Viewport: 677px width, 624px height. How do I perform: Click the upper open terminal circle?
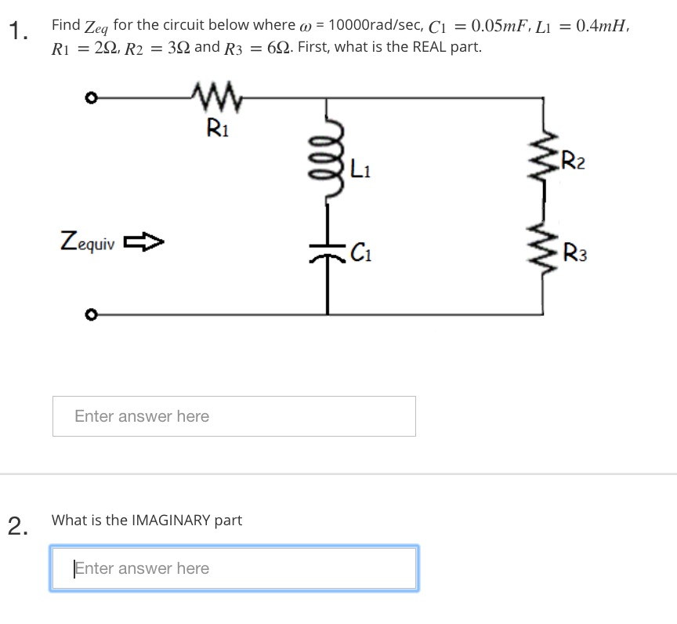pyautogui.click(x=91, y=99)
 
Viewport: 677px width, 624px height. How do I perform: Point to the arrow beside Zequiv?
pyautogui.click(x=146, y=241)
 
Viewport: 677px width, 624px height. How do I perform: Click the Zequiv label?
pyautogui.click(x=87, y=241)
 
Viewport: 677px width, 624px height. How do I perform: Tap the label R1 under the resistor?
pyautogui.click(x=217, y=126)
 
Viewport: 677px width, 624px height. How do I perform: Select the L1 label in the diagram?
pyautogui.click(x=362, y=167)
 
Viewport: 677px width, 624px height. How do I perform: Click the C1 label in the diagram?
pyautogui.click(x=360, y=252)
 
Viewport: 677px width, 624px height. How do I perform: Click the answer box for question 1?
pyautogui.click(x=234, y=416)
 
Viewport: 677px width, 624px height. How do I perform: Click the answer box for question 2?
pyautogui.click(x=234, y=568)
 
